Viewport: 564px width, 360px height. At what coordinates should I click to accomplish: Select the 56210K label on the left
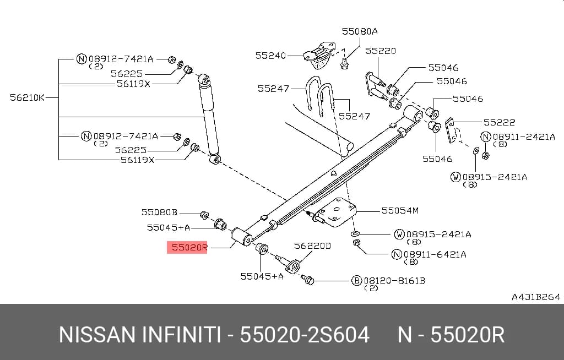tap(27, 97)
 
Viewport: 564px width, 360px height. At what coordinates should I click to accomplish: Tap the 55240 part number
tap(270, 56)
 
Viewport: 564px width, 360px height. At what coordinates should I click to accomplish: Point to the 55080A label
tap(360, 31)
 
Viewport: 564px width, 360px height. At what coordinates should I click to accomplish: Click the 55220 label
tap(381, 51)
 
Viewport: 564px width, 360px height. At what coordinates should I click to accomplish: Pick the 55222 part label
tap(499, 122)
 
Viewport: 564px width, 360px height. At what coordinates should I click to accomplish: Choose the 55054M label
tap(400, 210)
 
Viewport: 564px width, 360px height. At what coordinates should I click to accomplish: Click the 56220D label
tap(312, 246)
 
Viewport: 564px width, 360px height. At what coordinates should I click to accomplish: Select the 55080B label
tap(159, 212)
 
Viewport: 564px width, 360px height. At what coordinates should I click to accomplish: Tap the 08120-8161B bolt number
tap(394, 281)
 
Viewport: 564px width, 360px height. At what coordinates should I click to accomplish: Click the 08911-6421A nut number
tap(435, 255)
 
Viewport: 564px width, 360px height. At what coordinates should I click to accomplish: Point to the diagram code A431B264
tap(536, 297)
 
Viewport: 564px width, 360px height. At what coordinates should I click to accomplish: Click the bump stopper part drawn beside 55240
tap(319, 56)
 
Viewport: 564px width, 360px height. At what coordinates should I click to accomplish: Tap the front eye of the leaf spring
tap(241, 237)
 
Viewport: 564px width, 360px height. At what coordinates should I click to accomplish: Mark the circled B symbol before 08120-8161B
tap(356, 281)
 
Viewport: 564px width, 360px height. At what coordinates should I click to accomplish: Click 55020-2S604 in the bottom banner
tap(305, 335)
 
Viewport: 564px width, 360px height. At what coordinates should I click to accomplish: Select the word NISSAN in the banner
tap(97, 335)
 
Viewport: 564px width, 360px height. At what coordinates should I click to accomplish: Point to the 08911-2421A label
tap(524, 137)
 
